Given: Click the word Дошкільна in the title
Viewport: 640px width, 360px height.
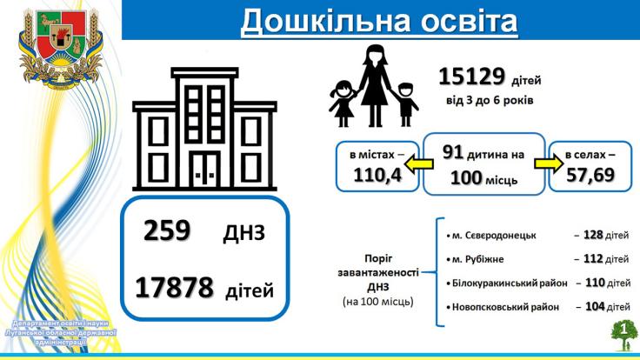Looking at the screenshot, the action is (x=325, y=21).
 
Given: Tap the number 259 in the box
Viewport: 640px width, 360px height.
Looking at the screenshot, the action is (x=167, y=230).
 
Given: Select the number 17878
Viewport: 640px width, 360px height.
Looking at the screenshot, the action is (x=174, y=287).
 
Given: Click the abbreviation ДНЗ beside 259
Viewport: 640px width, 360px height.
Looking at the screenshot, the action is (x=243, y=233).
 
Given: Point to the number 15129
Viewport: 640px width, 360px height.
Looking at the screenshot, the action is (x=472, y=77).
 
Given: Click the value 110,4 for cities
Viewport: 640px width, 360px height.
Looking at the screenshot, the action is (x=377, y=175).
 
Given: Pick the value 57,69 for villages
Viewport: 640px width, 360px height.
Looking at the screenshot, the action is (x=590, y=174).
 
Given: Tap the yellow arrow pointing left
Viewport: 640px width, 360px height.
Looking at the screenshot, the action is (x=418, y=164).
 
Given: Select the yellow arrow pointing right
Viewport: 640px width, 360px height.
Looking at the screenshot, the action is (x=549, y=163).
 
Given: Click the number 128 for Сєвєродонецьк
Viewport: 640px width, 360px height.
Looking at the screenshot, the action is (x=593, y=235).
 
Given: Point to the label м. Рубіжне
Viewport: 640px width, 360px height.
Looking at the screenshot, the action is (x=475, y=259).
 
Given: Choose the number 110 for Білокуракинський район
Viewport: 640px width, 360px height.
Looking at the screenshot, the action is (x=595, y=283).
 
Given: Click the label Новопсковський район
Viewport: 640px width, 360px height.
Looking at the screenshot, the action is (x=503, y=307).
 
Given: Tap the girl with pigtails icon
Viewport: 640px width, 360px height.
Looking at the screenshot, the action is (x=342, y=103).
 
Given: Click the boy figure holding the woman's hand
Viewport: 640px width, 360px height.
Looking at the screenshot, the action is (x=406, y=104).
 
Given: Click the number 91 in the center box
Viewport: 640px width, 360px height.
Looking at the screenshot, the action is (x=453, y=153).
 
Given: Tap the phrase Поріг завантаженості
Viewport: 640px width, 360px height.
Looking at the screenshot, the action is (x=378, y=265).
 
